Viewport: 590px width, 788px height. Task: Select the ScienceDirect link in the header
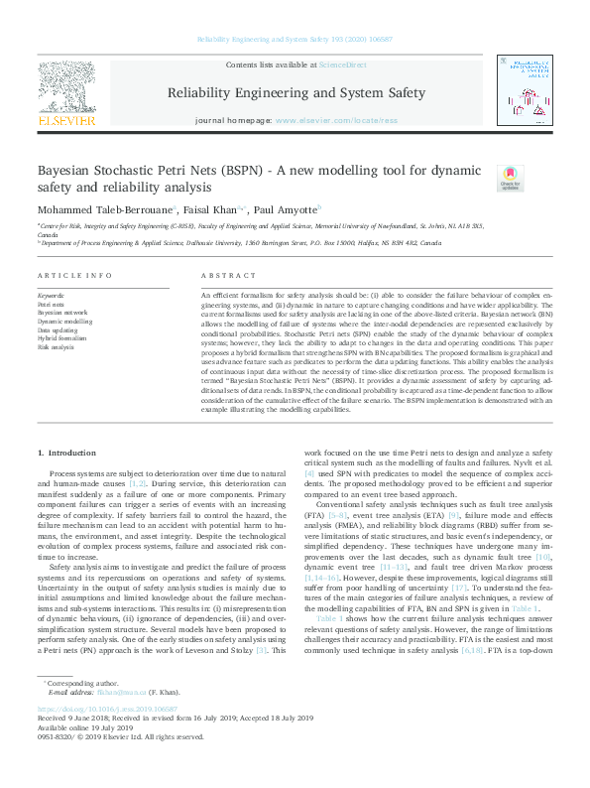(x=342, y=65)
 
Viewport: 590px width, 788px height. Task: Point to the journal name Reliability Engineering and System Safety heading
(x=295, y=93)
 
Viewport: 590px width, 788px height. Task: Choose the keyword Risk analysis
(x=55, y=347)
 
